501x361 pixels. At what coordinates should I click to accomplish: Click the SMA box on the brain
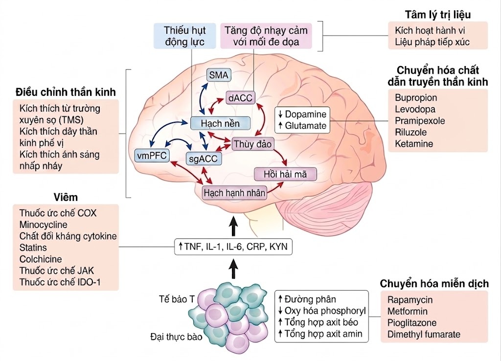tap(218, 75)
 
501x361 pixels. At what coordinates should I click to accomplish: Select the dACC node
tap(240, 98)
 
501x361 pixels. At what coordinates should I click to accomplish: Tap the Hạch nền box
tap(214, 122)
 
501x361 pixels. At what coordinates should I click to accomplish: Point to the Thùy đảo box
tap(253, 144)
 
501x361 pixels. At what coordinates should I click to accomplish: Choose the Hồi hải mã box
tap(285, 174)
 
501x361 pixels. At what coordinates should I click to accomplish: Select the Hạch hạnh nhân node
tap(235, 193)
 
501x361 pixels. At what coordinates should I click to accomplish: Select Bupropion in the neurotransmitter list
tap(416, 98)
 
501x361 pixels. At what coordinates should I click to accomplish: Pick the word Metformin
tap(408, 311)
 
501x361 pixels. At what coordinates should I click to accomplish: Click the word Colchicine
tap(41, 259)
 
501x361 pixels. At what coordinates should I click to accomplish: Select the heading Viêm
tap(66, 197)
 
